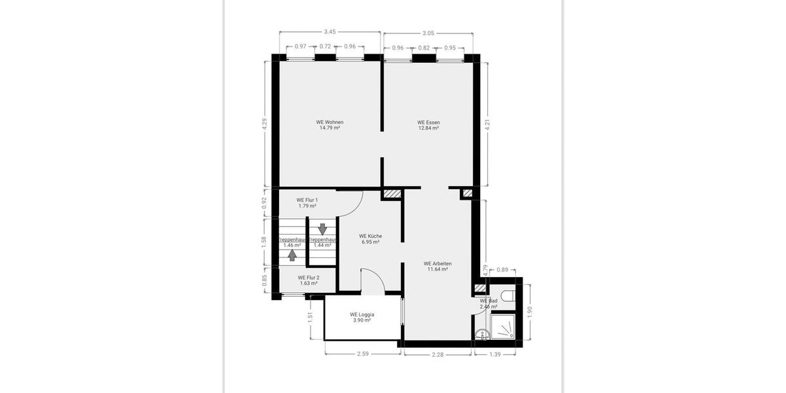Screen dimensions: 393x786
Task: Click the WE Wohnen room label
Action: point(329,122)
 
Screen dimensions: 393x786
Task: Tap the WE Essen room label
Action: point(428,122)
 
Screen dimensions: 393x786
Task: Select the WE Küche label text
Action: point(371,236)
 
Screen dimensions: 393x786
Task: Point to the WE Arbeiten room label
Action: point(438,263)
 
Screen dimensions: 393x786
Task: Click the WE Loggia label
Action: point(362,314)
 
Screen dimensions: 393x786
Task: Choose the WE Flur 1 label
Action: point(307,200)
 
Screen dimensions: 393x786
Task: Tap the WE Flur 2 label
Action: point(308,278)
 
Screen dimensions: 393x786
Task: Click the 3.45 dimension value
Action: point(330,32)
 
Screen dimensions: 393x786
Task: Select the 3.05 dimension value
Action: point(428,32)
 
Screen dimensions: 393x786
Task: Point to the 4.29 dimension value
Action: point(265,123)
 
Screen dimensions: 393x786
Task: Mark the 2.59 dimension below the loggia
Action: point(362,354)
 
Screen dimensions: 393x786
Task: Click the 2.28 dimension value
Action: point(438,354)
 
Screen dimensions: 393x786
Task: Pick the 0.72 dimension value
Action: point(326,47)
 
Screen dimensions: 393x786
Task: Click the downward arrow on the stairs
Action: point(322,229)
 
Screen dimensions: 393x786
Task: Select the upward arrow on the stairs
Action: point(292,255)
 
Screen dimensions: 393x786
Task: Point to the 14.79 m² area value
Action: point(329,128)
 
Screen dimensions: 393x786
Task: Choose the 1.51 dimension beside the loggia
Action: point(310,317)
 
